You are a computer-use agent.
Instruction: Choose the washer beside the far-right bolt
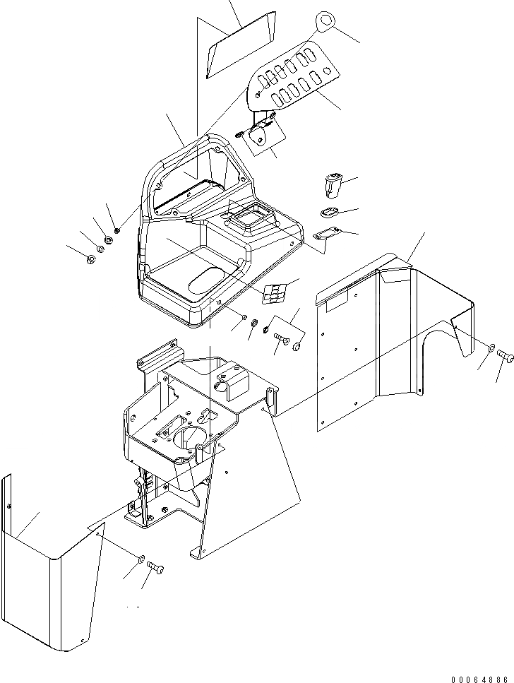490,347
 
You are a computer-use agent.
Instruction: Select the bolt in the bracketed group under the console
282,339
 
